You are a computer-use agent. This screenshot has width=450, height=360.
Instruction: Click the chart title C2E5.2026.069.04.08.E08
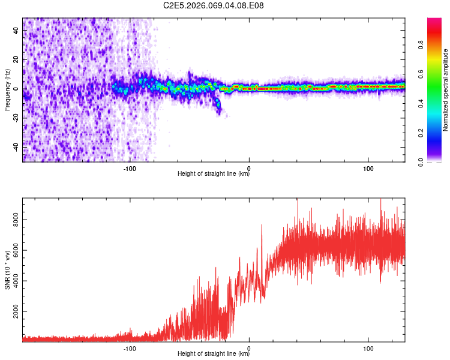point(214,5)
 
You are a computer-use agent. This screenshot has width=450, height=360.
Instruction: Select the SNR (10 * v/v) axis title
point(7,269)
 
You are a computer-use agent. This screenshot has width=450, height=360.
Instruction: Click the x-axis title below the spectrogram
point(214,174)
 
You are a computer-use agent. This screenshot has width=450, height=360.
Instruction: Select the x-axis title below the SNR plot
point(214,354)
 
